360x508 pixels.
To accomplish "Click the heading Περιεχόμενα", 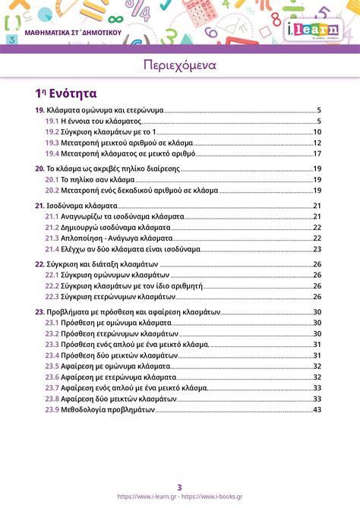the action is pos(179,65).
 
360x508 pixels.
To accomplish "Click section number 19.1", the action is pos(52,121).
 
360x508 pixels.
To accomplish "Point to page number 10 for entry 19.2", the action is pos(317,131).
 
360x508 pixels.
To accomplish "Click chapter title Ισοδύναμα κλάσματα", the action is pos(82,206).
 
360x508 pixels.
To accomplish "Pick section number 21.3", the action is pos(52,238).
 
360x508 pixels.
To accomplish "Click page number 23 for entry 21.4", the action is pos(317,248).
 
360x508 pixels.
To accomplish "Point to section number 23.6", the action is pos(52,377).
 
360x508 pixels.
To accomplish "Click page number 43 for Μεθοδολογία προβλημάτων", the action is pos(317,409).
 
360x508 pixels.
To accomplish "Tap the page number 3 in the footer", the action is pos(180,487).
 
